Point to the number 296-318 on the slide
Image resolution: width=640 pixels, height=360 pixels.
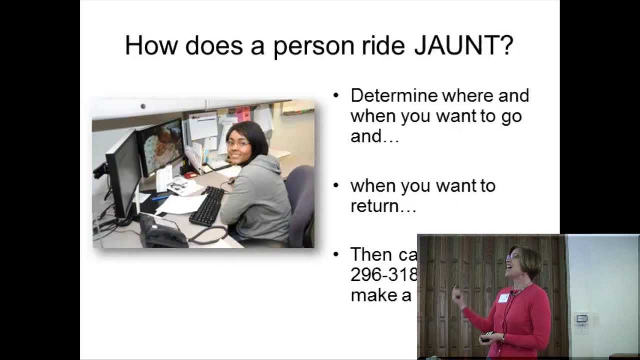click(384, 275)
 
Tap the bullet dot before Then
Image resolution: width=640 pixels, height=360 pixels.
click(336, 255)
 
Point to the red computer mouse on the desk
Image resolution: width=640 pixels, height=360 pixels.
click(190, 175)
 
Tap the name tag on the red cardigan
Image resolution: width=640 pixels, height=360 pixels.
click(503, 298)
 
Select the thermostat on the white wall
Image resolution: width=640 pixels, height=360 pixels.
click(581, 319)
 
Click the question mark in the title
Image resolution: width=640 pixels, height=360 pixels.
click(505, 45)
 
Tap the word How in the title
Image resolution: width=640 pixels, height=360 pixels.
click(151, 45)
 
